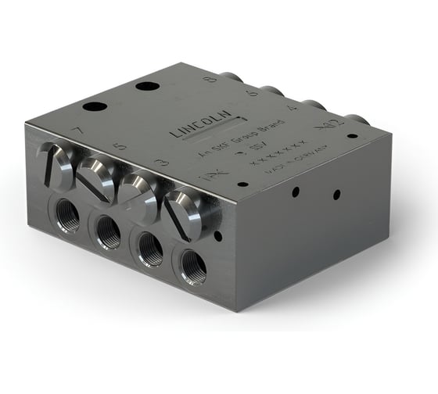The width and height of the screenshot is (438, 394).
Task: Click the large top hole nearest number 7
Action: point(94,107)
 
